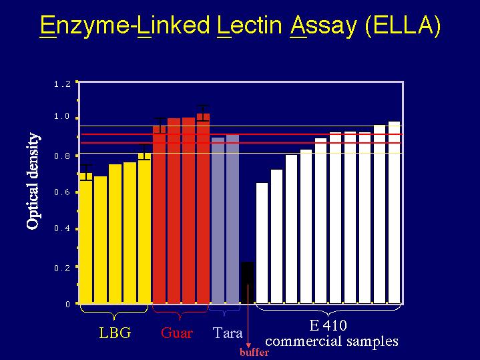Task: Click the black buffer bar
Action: (x=248, y=283)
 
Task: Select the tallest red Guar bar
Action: (x=203, y=208)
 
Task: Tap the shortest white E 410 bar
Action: (x=262, y=243)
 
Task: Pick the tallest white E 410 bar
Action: (x=395, y=212)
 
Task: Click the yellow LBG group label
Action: (x=115, y=333)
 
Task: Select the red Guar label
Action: (x=177, y=333)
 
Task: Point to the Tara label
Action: (x=228, y=333)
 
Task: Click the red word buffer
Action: (x=254, y=353)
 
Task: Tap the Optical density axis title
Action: (x=33, y=181)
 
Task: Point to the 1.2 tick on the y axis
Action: (x=62, y=84)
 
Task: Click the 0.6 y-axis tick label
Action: (x=62, y=192)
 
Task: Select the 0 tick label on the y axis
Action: (x=67, y=305)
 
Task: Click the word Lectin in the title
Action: (x=249, y=25)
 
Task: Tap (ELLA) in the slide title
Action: (x=403, y=25)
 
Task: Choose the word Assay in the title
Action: (x=324, y=26)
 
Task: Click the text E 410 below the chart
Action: (x=328, y=325)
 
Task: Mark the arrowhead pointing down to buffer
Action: (x=248, y=345)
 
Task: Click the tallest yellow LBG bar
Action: (x=144, y=228)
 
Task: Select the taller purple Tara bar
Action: (x=232, y=219)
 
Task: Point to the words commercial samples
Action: (x=332, y=341)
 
